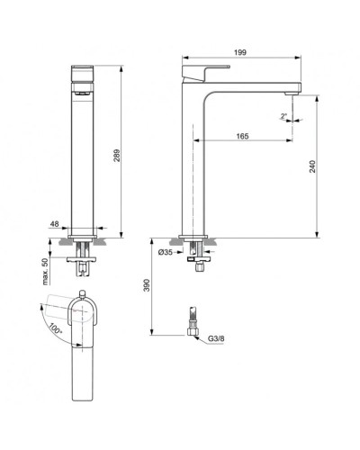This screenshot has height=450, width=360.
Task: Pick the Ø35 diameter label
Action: [x=166, y=252]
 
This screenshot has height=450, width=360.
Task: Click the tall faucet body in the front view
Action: [x=83, y=153]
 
